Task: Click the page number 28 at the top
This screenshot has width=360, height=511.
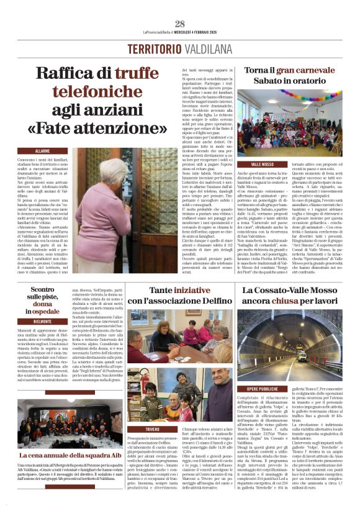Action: (x=180, y=24)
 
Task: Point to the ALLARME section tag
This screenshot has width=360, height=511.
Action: (x=43, y=151)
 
